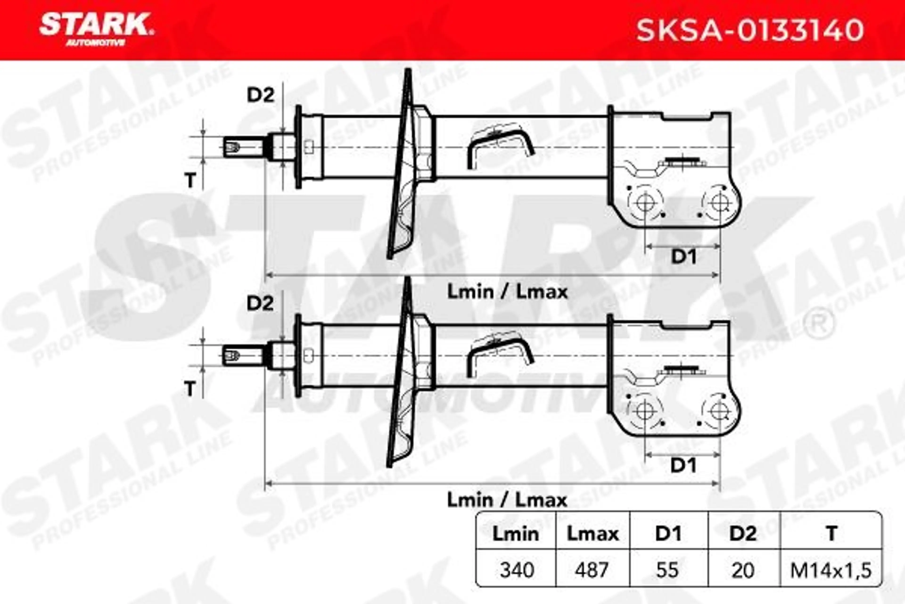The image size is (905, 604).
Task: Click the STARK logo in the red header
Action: pyautogui.click(x=96, y=29)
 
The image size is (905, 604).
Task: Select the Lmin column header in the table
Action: pyautogui.click(x=516, y=533)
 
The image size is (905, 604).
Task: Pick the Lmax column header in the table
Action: pyautogui.click(x=592, y=533)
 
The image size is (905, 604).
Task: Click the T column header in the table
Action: pyautogui.click(x=831, y=533)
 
